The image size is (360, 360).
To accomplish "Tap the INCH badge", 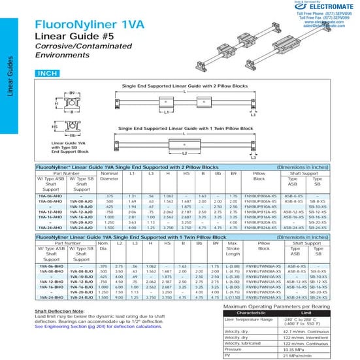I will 51,74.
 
